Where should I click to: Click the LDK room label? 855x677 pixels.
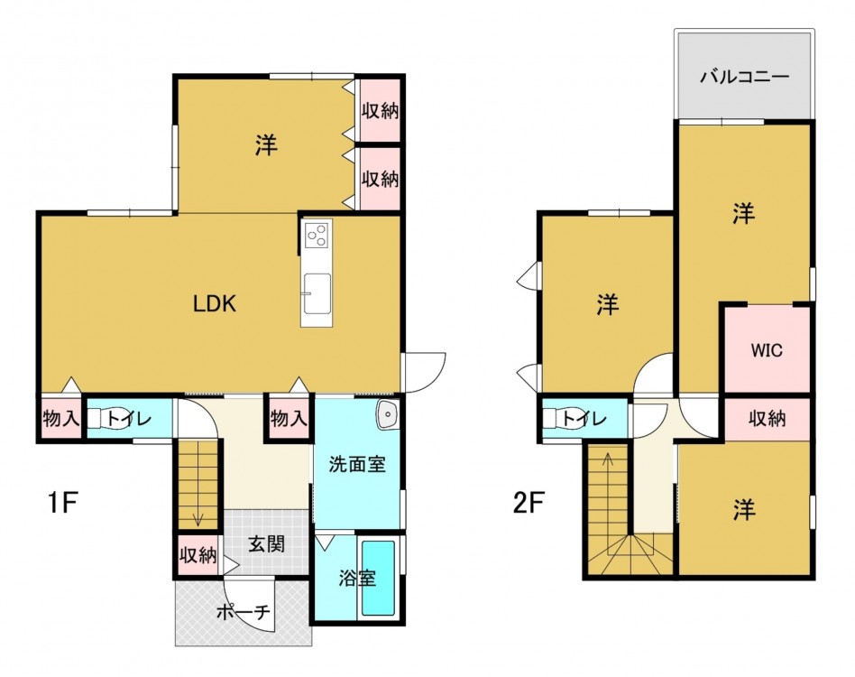coord(215,303)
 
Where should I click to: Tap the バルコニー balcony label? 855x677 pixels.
coord(744,76)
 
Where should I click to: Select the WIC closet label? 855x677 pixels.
coord(767,349)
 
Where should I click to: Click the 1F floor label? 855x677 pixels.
coord(62,503)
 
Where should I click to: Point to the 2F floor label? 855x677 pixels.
coord(529,503)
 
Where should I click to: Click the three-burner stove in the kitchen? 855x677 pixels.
coord(316,236)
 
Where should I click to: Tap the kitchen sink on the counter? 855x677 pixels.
coord(317,293)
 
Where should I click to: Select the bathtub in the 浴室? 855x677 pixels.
coord(379,579)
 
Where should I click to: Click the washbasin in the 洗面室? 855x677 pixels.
coord(387,416)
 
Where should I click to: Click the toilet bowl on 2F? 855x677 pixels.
coord(557,419)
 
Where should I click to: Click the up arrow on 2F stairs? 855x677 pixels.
coord(608,468)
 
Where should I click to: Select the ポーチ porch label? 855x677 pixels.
coord(244,612)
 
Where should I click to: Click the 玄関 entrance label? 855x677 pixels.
coord(267,544)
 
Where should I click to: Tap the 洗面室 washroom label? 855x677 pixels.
coord(356,464)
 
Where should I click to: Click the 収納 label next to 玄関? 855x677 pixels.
coord(198,555)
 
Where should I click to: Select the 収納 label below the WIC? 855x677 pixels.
coord(767,419)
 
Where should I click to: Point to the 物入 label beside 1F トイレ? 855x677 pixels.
coord(61,419)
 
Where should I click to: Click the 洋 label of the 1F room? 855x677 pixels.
coord(266,145)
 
